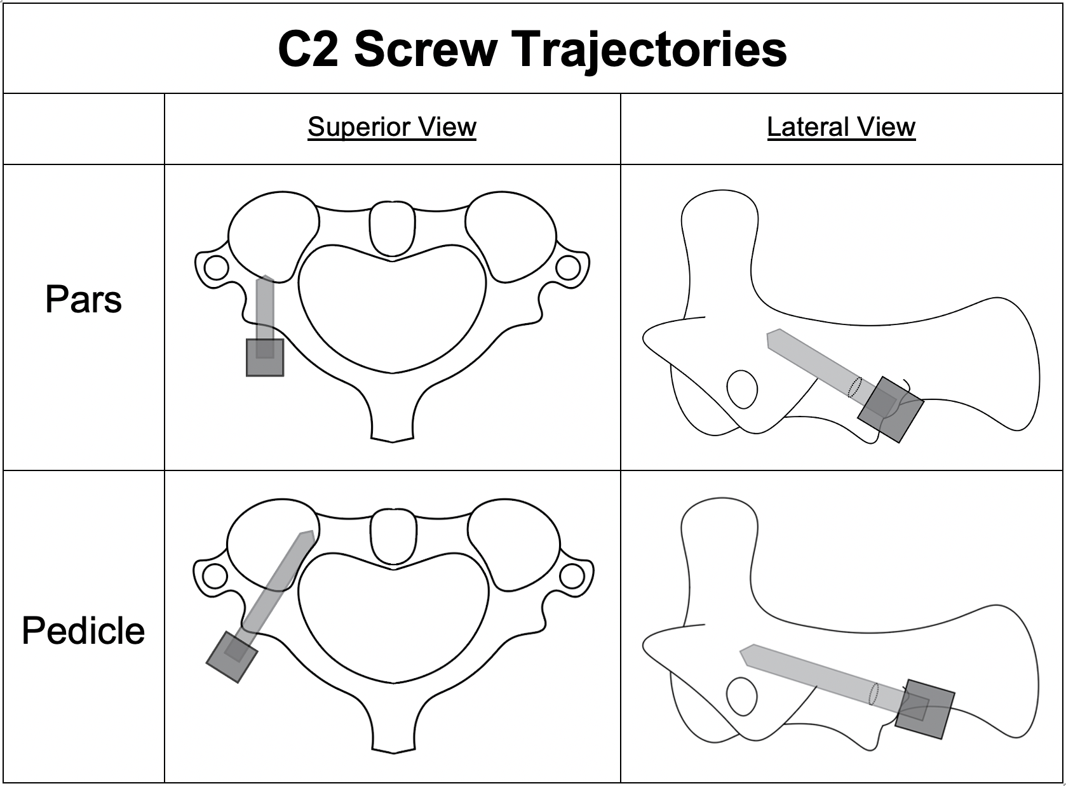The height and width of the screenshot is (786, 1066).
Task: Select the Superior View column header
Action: click(x=392, y=126)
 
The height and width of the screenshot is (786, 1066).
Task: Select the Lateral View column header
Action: click(x=841, y=126)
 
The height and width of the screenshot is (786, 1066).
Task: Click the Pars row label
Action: click(x=83, y=299)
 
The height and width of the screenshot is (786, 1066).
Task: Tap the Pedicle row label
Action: click(x=83, y=630)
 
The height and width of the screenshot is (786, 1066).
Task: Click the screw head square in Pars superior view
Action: click(x=265, y=357)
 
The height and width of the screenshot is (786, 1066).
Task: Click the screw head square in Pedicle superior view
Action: click(x=232, y=656)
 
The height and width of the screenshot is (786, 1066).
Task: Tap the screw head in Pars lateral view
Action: click(x=890, y=410)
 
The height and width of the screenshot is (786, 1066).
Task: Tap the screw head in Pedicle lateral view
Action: click(x=925, y=709)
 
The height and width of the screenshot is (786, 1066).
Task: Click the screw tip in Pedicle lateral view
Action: click(x=745, y=655)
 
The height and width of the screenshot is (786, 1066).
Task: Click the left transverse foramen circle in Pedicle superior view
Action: click(x=215, y=576)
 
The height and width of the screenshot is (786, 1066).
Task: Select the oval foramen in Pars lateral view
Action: click(x=742, y=389)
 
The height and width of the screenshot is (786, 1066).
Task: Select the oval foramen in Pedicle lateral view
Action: click(x=742, y=696)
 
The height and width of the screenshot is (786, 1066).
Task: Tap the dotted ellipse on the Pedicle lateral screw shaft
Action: click(x=874, y=694)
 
